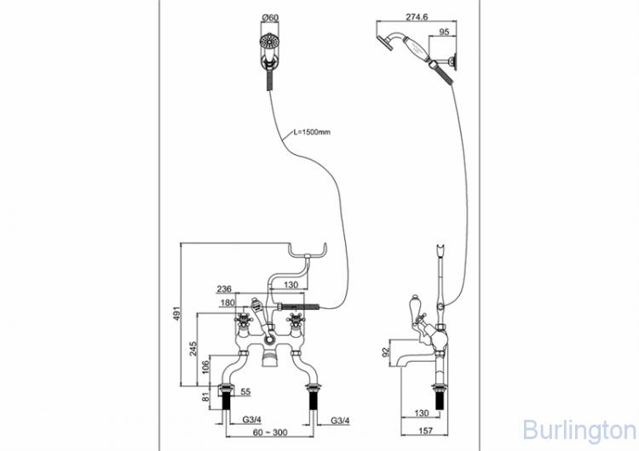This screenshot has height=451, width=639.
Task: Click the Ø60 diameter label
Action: click(x=270, y=18)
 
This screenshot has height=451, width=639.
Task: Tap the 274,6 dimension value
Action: click(x=417, y=17)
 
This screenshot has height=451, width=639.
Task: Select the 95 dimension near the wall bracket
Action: click(x=444, y=32)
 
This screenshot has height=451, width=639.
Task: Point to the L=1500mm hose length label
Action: click(x=312, y=132)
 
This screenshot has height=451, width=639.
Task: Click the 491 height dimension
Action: click(x=176, y=313)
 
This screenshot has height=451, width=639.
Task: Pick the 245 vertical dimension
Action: click(x=193, y=349)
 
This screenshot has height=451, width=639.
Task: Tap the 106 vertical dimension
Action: click(x=206, y=367)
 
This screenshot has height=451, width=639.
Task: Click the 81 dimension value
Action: click(x=207, y=395)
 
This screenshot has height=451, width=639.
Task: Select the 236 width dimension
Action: click(x=224, y=289)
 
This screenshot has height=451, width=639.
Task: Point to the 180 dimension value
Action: click(x=227, y=303)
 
